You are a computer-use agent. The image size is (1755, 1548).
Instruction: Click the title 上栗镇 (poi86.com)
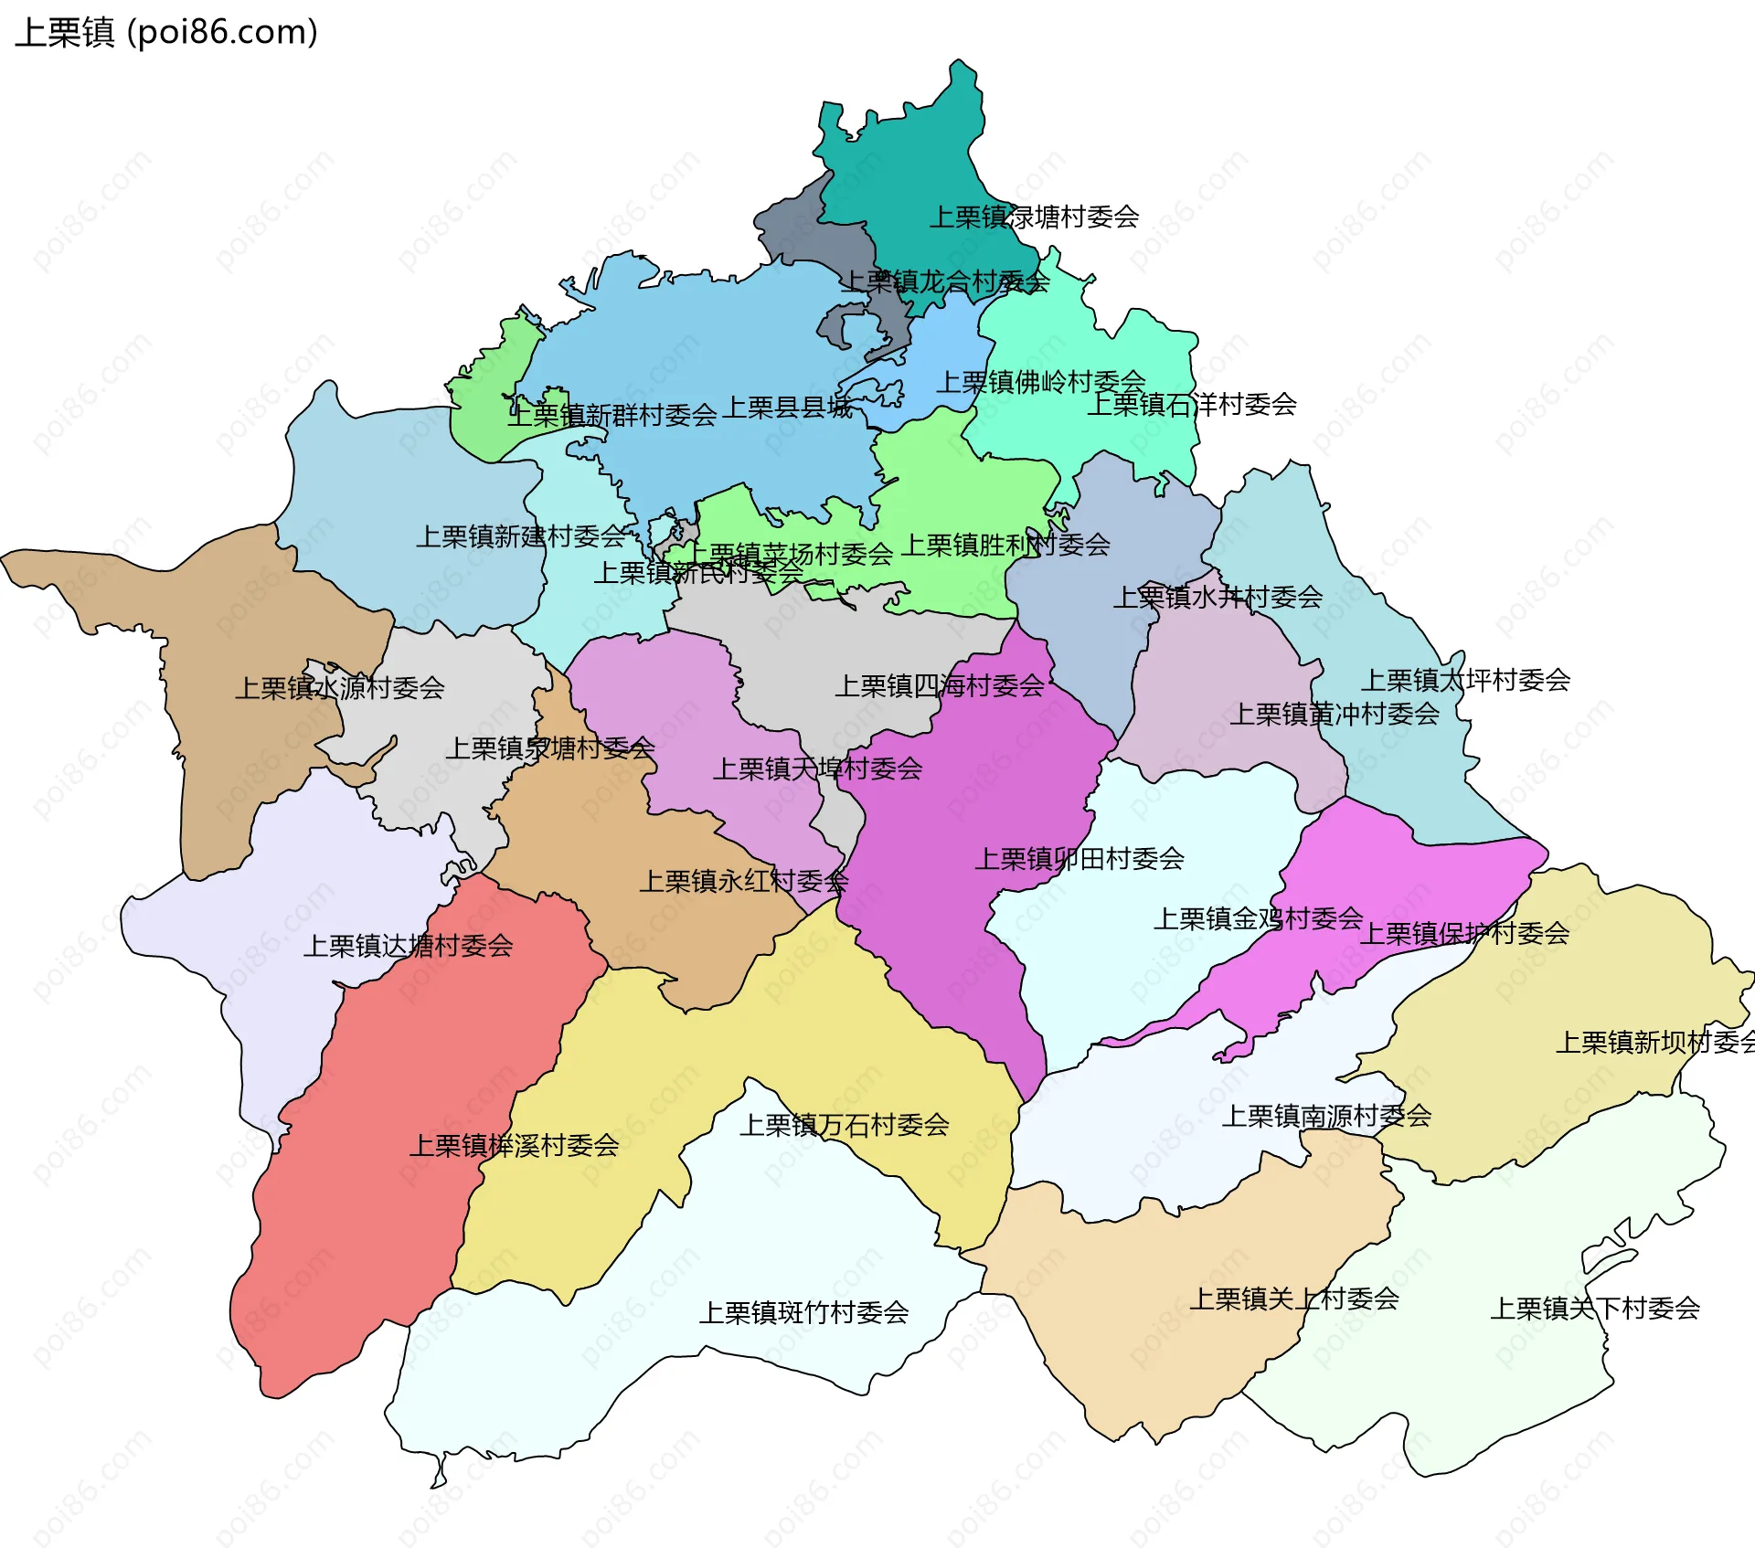(x=166, y=32)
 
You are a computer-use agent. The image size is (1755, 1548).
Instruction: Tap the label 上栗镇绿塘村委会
(x=1034, y=217)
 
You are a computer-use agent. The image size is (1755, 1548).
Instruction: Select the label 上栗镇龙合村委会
(x=944, y=281)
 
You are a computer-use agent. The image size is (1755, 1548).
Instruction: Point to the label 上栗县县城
(x=788, y=408)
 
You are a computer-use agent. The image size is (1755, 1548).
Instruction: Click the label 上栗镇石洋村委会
(x=1192, y=404)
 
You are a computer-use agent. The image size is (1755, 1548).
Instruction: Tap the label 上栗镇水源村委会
(x=340, y=688)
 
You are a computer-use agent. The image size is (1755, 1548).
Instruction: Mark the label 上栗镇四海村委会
(x=940, y=686)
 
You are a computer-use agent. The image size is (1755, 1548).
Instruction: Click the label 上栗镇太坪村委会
(x=1465, y=680)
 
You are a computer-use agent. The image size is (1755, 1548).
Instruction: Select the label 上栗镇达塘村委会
(x=409, y=946)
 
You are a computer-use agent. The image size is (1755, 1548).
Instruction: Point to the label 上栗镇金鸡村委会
(x=1259, y=918)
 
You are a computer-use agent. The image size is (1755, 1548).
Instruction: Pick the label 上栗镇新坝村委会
(x=1654, y=1042)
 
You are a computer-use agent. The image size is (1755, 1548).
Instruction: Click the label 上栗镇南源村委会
(x=1327, y=1116)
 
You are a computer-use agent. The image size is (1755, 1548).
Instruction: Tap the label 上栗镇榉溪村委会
(x=515, y=1145)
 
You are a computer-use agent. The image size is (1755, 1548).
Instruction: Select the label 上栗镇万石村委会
(x=845, y=1125)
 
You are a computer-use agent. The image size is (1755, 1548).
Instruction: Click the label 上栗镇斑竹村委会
(x=804, y=1313)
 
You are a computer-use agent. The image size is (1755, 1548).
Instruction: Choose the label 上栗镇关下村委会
(x=1595, y=1309)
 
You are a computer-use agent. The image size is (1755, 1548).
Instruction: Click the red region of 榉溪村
(x=366, y=1234)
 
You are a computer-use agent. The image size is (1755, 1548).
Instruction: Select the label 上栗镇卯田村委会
(x=1080, y=859)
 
